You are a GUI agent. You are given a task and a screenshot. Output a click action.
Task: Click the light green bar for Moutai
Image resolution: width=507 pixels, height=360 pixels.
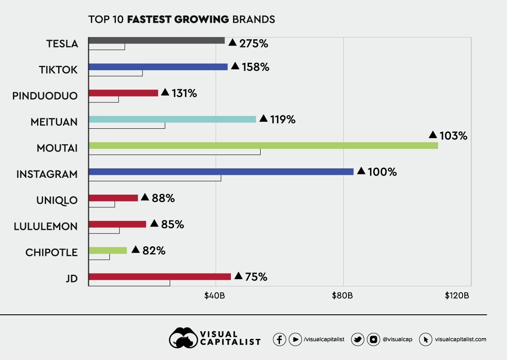(263, 146)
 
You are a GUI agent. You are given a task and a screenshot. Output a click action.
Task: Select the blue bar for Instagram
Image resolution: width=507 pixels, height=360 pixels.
(221, 171)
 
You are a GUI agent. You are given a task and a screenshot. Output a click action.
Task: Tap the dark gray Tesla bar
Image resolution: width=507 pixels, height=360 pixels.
(156, 40)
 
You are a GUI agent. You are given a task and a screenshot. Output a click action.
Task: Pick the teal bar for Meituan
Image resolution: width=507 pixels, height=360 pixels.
(172, 119)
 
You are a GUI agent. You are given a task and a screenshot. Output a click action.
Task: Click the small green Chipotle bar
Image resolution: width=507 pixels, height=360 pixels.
(108, 250)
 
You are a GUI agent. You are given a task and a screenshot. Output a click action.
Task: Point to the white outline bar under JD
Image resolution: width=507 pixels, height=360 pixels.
(129, 283)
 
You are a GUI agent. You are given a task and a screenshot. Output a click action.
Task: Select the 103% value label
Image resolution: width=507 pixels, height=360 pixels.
(453, 136)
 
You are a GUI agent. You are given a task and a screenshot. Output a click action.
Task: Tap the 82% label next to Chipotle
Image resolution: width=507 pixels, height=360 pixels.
(154, 251)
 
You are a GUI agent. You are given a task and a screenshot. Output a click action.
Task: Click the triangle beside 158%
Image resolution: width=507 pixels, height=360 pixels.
(235, 66)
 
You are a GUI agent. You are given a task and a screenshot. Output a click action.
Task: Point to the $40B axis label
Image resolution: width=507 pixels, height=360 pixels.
(215, 296)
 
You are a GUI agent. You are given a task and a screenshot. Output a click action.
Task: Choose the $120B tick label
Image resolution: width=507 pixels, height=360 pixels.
(456, 296)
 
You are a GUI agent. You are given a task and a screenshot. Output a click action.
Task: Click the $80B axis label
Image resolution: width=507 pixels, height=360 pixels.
(343, 296)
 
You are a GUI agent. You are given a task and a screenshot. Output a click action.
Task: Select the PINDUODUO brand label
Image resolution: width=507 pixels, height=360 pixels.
(45, 96)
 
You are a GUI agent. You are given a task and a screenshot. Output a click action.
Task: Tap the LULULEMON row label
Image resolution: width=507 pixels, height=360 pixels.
(46, 227)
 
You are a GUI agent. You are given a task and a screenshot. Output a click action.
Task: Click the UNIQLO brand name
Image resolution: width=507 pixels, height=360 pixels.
(57, 200)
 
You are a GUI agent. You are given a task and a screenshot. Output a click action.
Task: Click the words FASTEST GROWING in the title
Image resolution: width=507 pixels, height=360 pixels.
(178, 19)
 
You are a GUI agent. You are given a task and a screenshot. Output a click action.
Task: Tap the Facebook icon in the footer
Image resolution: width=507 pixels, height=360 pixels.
(280, 339)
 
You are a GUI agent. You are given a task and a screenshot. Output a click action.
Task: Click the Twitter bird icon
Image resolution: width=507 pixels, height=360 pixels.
(358, 339)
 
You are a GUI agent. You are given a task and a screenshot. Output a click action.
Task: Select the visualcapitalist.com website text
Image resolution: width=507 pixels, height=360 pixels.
(460, 339)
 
